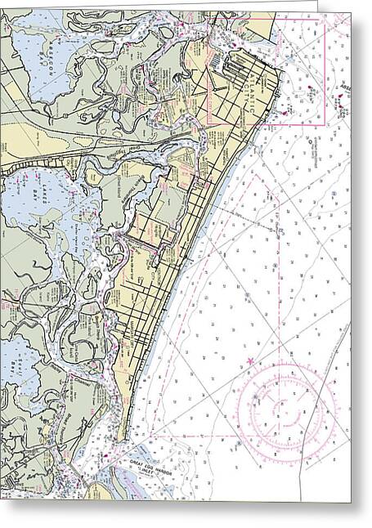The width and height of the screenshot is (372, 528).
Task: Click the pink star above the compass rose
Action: pos(250,360)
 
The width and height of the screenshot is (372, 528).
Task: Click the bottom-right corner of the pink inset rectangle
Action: pos(325,123)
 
